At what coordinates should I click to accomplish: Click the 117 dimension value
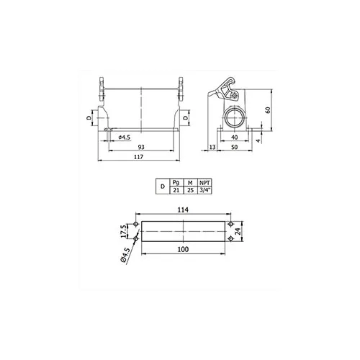139,157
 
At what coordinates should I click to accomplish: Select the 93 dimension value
141,147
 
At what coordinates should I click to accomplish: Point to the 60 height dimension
268,110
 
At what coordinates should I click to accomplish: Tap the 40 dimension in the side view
235,138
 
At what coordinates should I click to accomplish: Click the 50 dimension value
235,147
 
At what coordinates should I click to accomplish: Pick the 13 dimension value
212,147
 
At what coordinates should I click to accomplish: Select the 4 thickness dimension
258,140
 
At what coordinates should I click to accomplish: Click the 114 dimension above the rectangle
183,210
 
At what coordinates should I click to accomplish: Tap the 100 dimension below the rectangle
183,249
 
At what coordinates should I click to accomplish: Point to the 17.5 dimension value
123,231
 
